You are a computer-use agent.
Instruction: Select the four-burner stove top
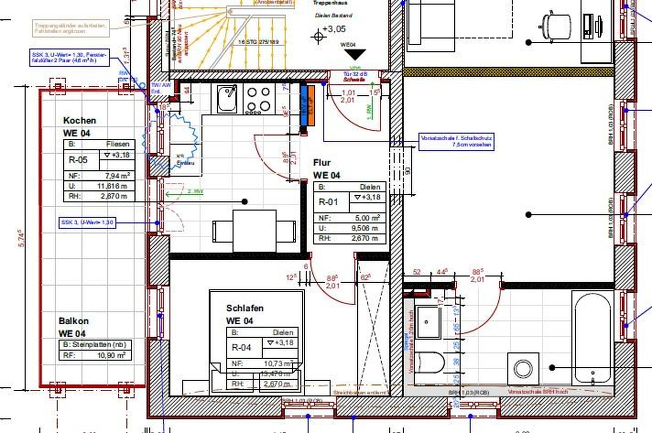tap(259, 99)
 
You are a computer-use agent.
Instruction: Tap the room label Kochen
tap(79, 120)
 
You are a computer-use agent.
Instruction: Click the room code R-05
tap(78, 160)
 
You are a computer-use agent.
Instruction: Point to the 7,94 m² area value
tap(117, 176)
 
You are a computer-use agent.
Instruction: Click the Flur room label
tap(322, 162)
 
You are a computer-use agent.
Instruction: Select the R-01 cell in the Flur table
tap(328, 202)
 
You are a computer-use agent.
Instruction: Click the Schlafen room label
tap(245, 308)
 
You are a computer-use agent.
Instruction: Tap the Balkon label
tap(73, 321)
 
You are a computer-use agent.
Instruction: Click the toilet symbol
tap(429, 362)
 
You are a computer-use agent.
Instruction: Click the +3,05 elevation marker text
tap(334, 29)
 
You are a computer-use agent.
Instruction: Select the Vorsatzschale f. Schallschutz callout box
tap(456, 141)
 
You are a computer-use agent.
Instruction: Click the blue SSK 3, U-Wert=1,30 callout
tap(87, 222)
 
